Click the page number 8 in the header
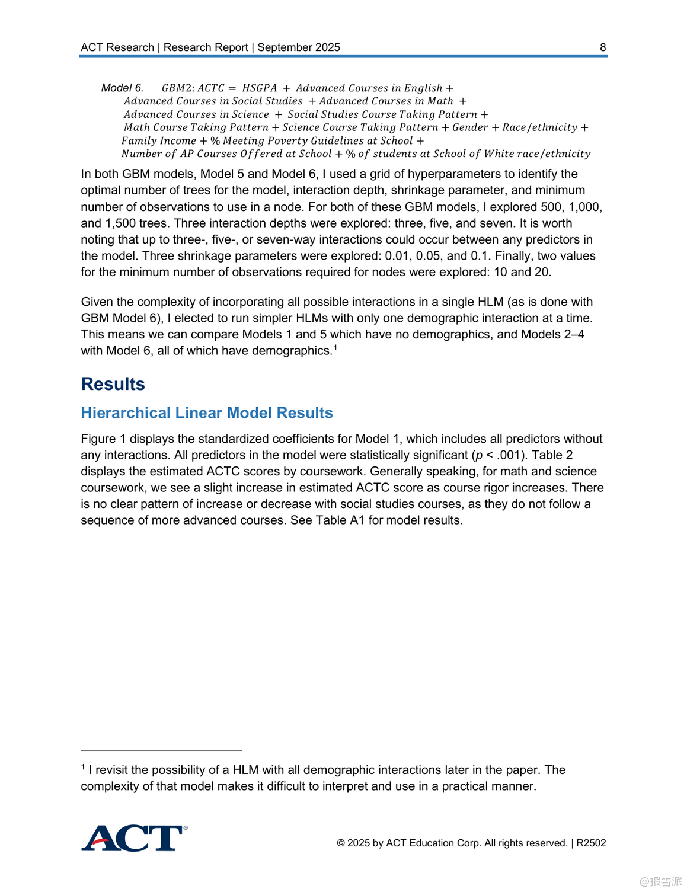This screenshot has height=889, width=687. (603, 47)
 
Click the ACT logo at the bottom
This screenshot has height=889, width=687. (134, 839)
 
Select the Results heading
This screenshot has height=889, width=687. (113, 384)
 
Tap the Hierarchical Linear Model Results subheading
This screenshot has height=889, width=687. (207, 413)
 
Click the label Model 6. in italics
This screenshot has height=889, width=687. (122, 88)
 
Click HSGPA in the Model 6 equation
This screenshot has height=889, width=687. (260, 88)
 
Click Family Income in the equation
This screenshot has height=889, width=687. (158, 141)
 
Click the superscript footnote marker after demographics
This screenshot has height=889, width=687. (335, 348)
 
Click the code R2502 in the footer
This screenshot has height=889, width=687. (591, 843)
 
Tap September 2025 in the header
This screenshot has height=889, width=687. (299, 47)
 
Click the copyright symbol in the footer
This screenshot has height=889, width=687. (341, 843)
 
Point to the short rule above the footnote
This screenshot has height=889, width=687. (161, 750)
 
